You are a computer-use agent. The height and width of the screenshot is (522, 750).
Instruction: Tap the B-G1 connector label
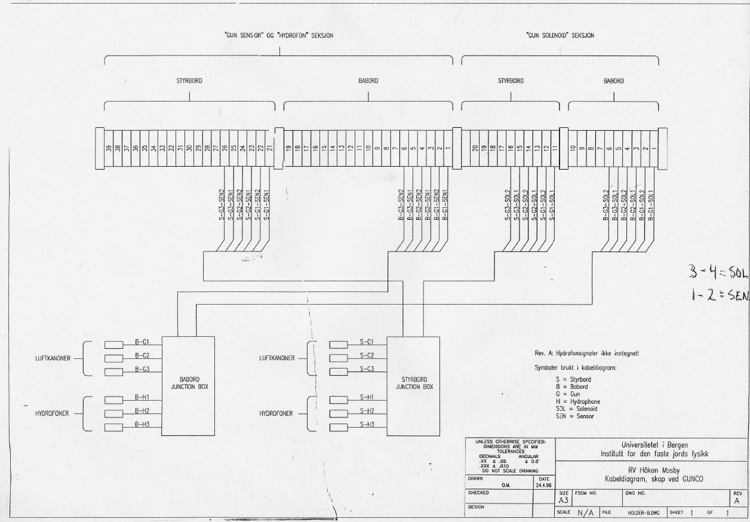[142, 342]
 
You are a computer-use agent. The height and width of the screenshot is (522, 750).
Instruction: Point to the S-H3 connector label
[367, 424]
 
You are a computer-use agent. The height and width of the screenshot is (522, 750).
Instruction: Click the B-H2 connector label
[142, 411]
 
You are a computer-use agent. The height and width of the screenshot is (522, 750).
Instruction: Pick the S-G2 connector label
[367, 355]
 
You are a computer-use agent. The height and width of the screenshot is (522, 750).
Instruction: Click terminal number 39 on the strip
[109, 149]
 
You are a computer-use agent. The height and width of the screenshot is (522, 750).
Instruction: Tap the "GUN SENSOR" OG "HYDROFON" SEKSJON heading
[279, 35]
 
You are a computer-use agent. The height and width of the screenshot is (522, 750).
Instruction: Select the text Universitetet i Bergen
[651, 445]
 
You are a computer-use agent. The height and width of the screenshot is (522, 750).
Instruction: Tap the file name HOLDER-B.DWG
[643, 512]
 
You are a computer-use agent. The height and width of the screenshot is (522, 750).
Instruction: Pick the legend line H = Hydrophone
[577, 402]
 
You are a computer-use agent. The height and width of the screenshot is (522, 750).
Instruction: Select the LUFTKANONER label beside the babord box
[53, 358]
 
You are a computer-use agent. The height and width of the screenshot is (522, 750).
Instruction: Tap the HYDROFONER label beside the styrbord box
[276, 413]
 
